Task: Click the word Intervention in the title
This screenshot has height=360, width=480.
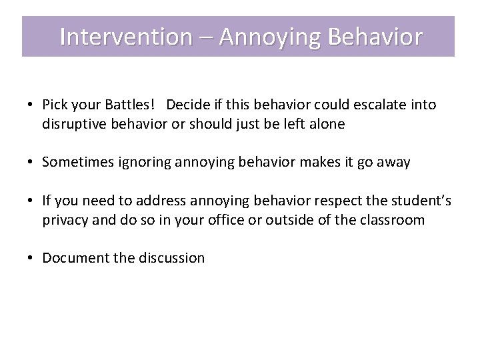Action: (x=125, y=37)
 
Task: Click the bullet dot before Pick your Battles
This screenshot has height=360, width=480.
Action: (x=31, y=105)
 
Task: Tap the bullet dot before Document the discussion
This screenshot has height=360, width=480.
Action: (x=31, y=259)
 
